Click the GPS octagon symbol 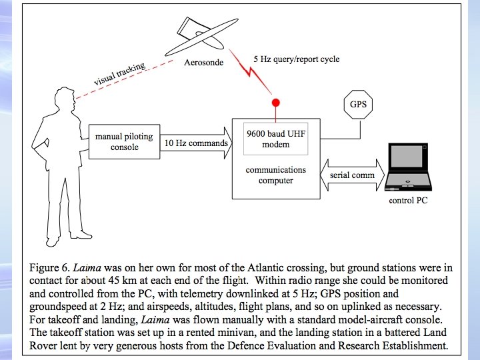358,105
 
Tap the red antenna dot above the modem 275,103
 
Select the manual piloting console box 123,141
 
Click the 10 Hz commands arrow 196,142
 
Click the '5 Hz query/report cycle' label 296,59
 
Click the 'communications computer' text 275,175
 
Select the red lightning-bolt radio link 258,77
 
